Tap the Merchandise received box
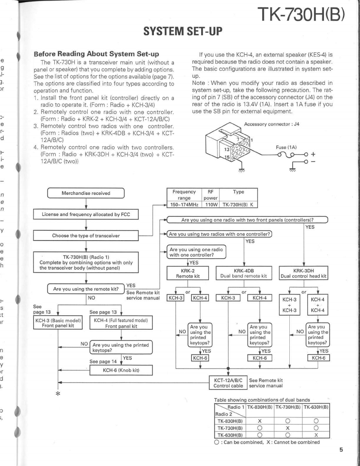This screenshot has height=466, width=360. click(x=86, y=194)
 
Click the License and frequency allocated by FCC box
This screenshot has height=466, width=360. click(x=86, y=214)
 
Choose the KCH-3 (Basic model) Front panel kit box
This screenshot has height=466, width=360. click(x=57, y=334)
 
